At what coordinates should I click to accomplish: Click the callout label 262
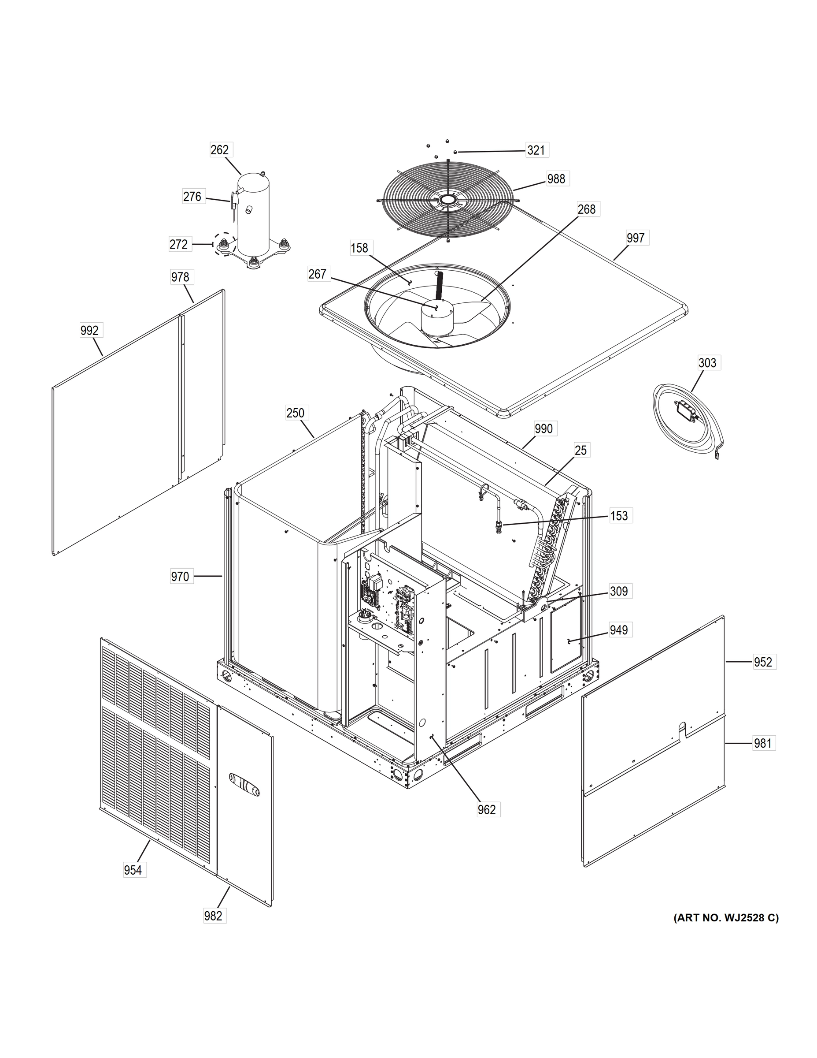pyautogui.click(x=219, y=150)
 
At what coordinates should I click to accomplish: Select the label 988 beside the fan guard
pyautogui.click(x=556, y=179)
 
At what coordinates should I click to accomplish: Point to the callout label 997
pyautogui.click(x=635, y=238)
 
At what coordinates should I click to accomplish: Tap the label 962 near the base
pyautogui.click(x=486, y=809)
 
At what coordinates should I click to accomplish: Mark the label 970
pyautogui.click(x=180, y=577)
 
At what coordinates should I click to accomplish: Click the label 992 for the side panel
pyautogui.click(x=89, y=330)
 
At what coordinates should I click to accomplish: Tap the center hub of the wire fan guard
pyautogui.click(x=448, y=200)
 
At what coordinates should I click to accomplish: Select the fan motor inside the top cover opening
pyautogui.click(x=436, y=317)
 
